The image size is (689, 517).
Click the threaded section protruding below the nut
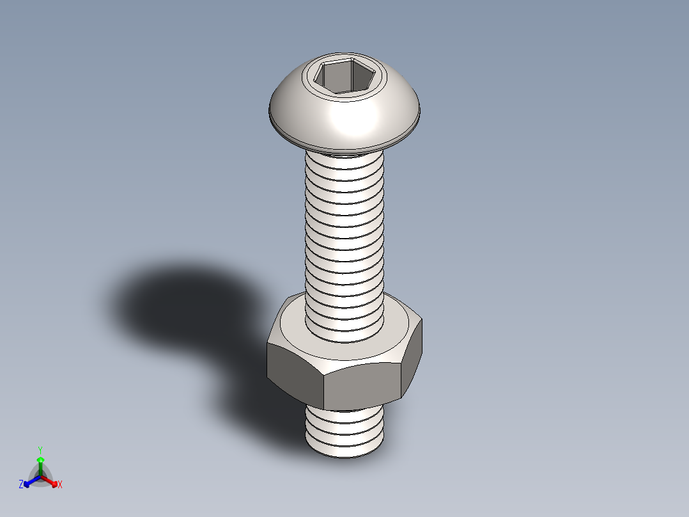(345, 429)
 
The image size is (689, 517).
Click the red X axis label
(59, 485)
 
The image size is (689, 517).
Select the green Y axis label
(40, 450)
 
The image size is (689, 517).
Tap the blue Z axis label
(21, 485)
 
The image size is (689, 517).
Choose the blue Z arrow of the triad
(29, 481)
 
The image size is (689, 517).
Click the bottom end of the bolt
(345, 452)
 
